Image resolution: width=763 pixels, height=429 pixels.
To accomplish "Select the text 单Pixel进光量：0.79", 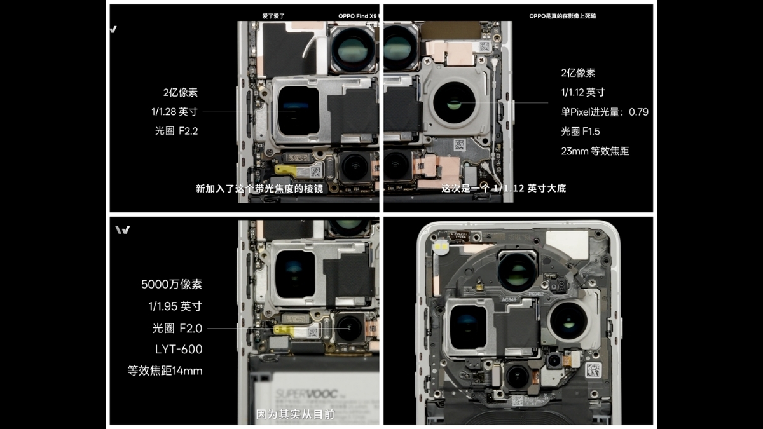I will [604, 112].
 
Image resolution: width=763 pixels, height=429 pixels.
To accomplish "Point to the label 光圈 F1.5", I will [580, 132].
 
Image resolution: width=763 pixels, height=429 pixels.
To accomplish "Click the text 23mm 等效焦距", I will [595, 151].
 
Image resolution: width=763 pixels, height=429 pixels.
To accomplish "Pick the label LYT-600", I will [179, 349].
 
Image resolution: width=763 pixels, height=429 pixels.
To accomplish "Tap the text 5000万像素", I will [172, 284].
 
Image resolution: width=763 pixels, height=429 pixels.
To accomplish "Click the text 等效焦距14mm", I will [165, 371].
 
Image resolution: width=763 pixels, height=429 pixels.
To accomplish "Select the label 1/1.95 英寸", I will [175, 306].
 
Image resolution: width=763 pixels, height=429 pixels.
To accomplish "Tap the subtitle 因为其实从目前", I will [295, 414].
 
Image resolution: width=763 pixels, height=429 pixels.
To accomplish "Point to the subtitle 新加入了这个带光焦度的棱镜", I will [259, 189].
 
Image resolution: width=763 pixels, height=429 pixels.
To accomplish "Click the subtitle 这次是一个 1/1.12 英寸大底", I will [504, 189].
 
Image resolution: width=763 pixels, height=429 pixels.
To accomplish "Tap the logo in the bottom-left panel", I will [123, 229].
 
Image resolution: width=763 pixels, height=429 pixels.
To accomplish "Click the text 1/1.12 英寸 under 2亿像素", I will [582, 92].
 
